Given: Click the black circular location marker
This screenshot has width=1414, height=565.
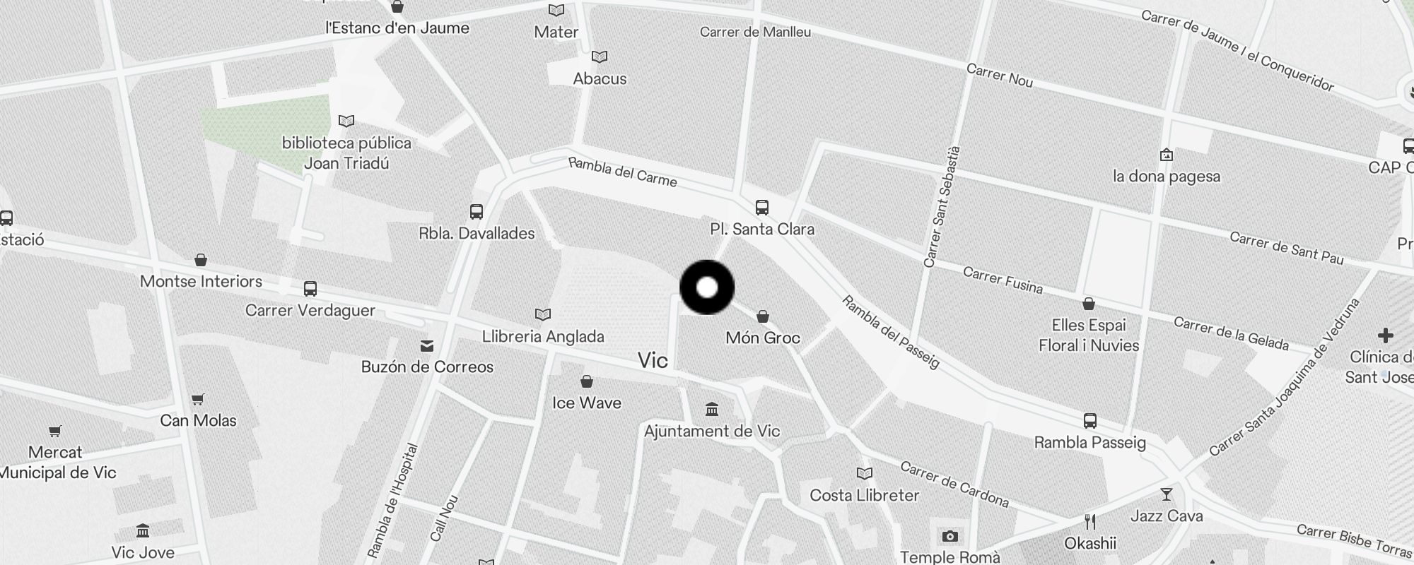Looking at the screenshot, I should click(707, 287).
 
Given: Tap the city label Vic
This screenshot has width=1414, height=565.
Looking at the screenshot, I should click(653, 360).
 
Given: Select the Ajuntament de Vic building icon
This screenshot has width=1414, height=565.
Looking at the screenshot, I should click(712, 409).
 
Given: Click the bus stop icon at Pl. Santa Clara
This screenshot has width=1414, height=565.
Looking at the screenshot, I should click(761, 208).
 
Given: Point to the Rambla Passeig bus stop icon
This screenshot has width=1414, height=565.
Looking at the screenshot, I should click(1089, 421).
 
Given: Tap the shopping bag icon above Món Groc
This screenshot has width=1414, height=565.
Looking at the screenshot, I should click(762, 316).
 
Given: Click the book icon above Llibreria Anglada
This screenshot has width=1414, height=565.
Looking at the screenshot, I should click(542, 314).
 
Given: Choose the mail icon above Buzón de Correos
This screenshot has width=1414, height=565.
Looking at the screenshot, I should click(427, 345).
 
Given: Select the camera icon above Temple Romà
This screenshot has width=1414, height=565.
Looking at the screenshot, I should click(950, 536).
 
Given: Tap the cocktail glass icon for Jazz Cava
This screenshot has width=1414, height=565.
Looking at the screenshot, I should click(1166, 494).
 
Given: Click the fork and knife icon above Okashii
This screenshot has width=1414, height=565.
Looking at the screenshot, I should click(1089, 522).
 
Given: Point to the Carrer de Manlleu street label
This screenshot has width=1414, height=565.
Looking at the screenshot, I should click(755, 32).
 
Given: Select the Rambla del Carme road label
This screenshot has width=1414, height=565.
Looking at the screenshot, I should click(622, 172).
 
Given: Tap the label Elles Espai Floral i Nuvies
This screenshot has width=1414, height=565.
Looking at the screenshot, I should click(1088, 335).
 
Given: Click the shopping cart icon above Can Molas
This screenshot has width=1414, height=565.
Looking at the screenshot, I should click(198, 399).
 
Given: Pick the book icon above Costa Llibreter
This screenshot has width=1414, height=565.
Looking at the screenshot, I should click(864, 473).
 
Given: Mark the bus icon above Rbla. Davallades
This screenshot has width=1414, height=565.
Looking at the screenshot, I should click(477, 211).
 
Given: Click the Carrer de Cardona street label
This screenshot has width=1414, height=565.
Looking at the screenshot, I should click(954, 484).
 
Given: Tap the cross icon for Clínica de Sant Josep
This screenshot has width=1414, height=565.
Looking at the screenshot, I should click(1385, 335).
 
